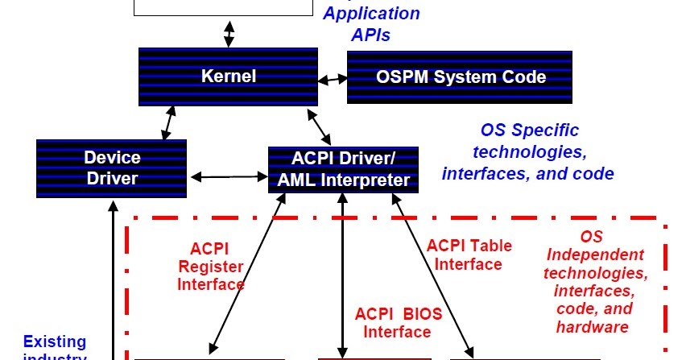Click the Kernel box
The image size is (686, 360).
[229, 77]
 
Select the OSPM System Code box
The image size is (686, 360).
[461, 77]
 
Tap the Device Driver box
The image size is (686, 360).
[112, 168]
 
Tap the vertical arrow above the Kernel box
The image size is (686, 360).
[229, 32]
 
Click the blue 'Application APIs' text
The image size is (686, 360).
[373, 23]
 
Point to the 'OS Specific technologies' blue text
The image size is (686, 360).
[529, 151]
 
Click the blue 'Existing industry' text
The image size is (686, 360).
[55, 348]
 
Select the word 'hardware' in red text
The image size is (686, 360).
[592, 327]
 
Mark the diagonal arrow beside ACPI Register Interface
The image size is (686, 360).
[246, 274]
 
